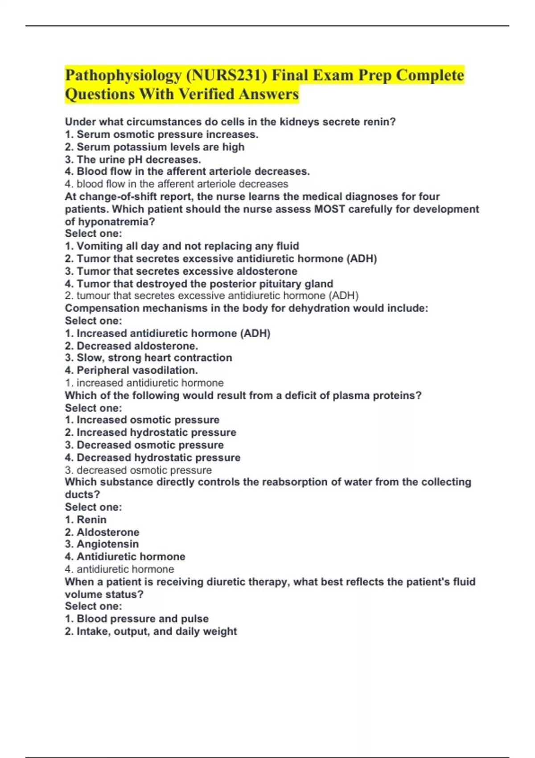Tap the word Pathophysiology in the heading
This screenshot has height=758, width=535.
[x=123, y=75]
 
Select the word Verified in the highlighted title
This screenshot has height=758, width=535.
[x=206, y=94]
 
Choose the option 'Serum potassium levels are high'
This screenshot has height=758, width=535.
[x=155, y=147]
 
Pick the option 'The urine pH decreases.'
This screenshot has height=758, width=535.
[x=133, y=160]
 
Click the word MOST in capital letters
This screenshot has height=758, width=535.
[x=329, y=209]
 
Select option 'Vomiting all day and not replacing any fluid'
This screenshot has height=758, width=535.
[x=182, y=246]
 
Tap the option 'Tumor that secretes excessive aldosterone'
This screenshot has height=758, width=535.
[x=181, y=271]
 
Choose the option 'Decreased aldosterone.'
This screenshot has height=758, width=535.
[x=132, y=346]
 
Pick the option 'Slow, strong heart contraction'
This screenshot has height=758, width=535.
[x=148, y=358]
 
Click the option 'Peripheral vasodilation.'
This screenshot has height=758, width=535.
[x=132, y=370]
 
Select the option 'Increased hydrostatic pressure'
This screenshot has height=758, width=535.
[x=151, y=433]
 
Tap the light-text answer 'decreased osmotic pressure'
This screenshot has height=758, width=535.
[x=138, y=470]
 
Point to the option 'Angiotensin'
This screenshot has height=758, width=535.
[x=102, y=544]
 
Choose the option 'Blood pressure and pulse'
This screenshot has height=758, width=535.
[x=137, y=618]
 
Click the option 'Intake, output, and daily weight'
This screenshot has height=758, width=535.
[x=151, y=631]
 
